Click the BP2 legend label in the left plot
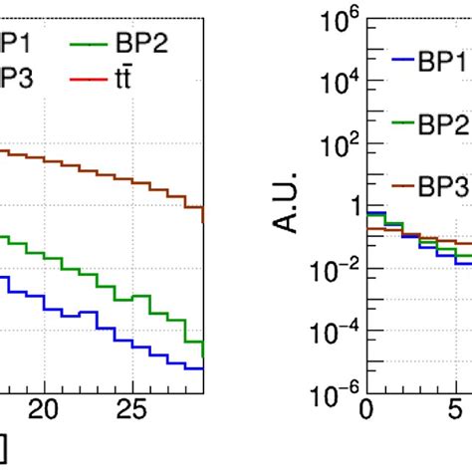[143, 46]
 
